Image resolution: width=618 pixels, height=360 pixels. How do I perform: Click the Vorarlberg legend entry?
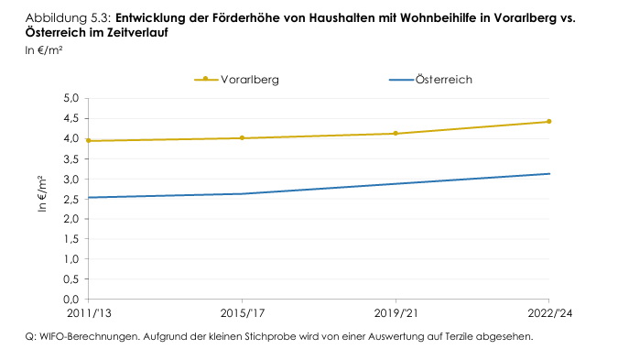(248, 80)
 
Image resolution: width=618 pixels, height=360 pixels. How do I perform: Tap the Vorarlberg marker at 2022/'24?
(548, 121)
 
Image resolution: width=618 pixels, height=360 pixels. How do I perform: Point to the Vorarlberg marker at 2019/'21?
(396, 134)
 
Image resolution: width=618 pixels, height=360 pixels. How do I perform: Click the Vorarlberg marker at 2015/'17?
(242, 138)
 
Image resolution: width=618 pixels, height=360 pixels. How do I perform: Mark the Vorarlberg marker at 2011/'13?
(89, 140)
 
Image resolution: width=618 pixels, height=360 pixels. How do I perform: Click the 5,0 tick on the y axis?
(70, 99)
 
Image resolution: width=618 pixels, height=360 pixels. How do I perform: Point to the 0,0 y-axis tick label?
(70, 300)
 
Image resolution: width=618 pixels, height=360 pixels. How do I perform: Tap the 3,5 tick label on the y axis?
(70, 159)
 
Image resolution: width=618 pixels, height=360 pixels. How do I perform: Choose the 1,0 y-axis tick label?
(70, 259)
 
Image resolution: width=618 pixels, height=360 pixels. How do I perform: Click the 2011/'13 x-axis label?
(89, 313)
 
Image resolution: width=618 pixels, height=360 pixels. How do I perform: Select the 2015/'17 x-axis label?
(242, 313)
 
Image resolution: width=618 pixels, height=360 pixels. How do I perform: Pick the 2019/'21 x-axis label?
(396, 313)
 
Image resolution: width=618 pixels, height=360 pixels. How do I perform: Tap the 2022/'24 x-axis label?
(548, 313)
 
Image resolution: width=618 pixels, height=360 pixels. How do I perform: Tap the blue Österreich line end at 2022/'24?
(548, 174)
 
